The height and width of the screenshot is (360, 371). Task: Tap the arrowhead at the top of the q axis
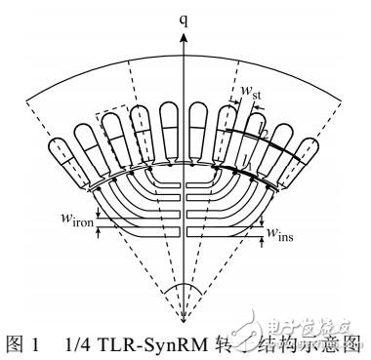coord(182,32)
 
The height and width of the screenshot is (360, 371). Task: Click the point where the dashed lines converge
coord(182,323)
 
